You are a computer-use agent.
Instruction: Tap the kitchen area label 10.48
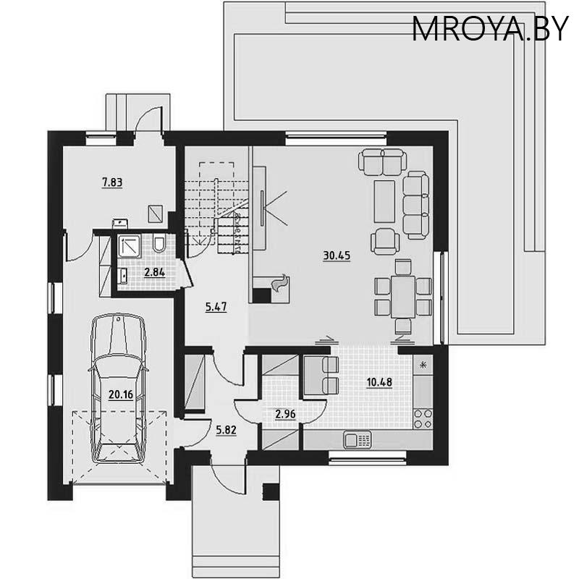379,382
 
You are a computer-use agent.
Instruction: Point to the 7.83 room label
111,182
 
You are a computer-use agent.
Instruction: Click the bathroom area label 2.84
155,273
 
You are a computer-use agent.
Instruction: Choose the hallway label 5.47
216,307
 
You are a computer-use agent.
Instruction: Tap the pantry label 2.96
285,415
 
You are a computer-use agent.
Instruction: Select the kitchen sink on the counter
358,439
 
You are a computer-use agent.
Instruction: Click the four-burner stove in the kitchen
422,420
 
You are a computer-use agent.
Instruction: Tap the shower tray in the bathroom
130,246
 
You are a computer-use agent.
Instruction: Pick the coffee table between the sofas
383,195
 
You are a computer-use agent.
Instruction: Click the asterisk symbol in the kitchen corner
424,364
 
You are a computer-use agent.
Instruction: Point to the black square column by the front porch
270,492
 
